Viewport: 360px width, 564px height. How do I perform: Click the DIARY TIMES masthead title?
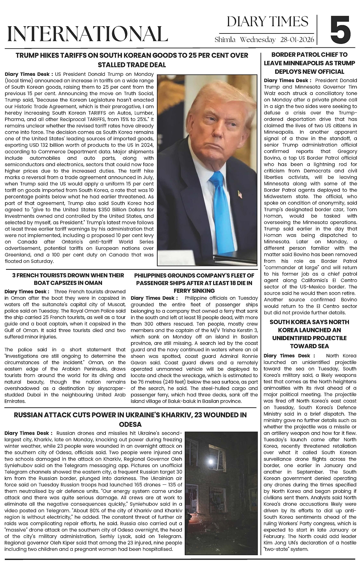(x=267, y=21)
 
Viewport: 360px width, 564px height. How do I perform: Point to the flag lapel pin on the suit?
(x=240, y=194)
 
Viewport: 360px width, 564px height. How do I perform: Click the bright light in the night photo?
(x=211, y=461)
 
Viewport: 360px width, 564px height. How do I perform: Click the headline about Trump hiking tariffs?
(x=132, y=60)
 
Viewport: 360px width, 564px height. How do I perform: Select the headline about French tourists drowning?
(x=68, y=279)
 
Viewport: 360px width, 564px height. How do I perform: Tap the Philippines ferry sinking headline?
(x=194, y=283)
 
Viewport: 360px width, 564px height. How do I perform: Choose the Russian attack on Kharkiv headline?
(x=130, y=419)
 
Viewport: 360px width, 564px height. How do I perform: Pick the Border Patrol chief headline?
(x=309, y=63)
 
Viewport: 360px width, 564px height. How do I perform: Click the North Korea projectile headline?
(x=309, y=334)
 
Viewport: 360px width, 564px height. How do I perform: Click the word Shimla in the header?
(x=225, y=40)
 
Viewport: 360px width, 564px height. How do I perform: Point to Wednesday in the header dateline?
(x=258, y=40)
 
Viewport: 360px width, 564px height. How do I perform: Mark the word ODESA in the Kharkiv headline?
(x=130, y=424)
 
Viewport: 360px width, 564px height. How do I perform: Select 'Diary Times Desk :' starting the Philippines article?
(x=154, y=298)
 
